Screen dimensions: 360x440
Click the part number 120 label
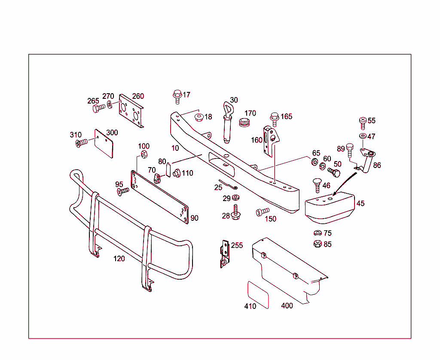(x=119, y=259)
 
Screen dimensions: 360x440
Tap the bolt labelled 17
(x=177, y=96)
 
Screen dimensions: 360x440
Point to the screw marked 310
(x=81, y=143)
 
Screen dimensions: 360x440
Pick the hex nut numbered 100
(x=145, y=154)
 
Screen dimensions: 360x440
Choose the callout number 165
(x=286, y=116)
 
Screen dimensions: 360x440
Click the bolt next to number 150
(x=261, y=211)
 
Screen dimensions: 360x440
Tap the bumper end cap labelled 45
(x=328, y=207)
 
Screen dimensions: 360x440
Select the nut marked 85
(x=317, y=244)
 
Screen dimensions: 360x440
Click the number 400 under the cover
(x=287, y=306)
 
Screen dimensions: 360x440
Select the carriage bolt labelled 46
(x=317, y=185)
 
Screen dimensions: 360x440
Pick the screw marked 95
(x=123, y=190)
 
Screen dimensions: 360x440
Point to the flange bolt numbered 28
(x=236, y=213)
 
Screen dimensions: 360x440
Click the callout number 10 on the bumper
(x=174, y=148)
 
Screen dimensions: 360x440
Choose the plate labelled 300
(x=106, y=143)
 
